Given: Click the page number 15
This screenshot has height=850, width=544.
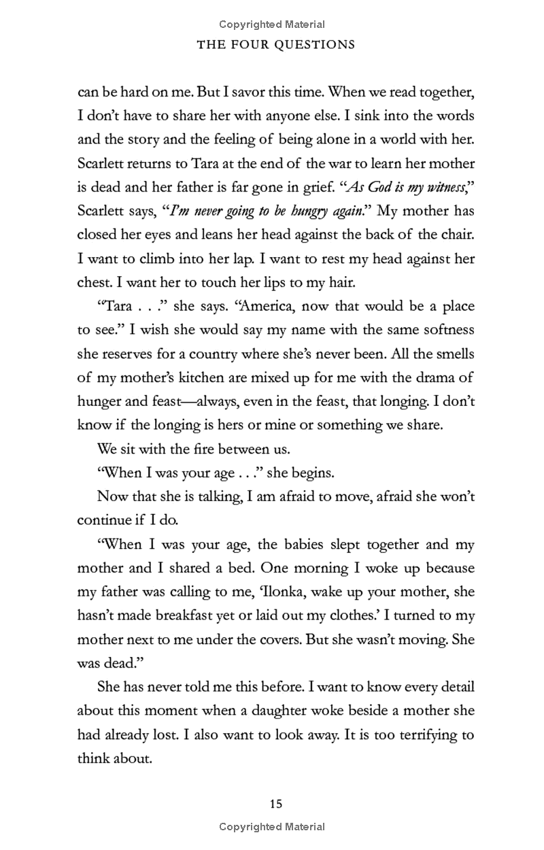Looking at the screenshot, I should point(275,804).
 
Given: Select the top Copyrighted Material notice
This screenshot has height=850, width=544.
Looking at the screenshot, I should point(272,24).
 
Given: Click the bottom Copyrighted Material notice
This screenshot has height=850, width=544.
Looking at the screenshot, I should point(272,827).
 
